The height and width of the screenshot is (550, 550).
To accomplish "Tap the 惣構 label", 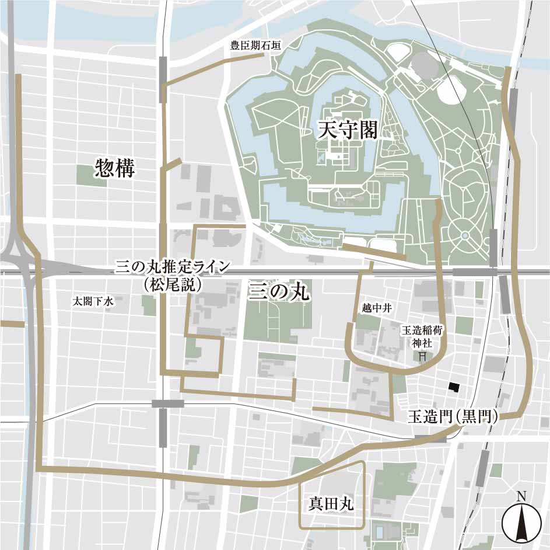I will click(115, 169).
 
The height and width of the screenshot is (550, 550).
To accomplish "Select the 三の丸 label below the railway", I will click(279, 291).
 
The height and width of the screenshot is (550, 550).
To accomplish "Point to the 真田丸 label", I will click(331, 503).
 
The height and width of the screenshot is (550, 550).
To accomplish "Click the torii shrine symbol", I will click(422, 355).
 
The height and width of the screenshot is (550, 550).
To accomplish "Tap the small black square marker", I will click(454, 386).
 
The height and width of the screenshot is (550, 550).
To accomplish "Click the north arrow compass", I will click(521, 521).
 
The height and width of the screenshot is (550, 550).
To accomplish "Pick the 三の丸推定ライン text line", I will click(172, 268).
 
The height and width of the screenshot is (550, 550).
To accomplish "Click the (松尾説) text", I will click(172, 285).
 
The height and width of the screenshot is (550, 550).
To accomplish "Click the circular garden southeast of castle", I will click(465, 235).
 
